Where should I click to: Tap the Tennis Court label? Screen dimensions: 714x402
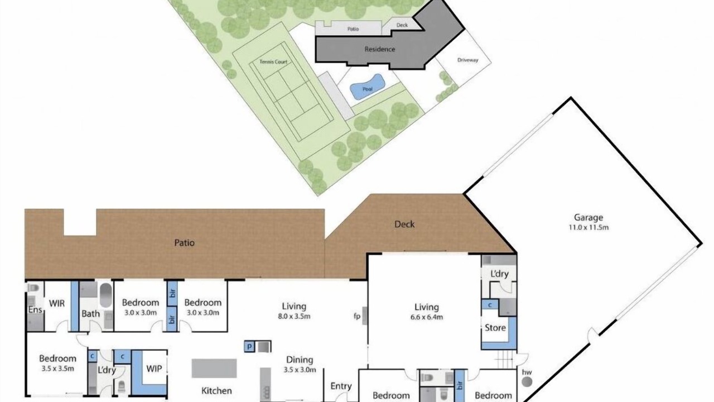coord(273,62)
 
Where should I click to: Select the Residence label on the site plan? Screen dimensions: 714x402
coord(380,49)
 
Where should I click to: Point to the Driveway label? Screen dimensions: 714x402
coord(467,60)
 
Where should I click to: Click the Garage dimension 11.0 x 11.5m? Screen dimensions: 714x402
coord(588,227)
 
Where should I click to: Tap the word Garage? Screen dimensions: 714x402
coord(588,218)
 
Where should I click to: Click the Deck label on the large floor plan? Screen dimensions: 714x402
coord(404,224)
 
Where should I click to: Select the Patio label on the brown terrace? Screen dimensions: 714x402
coord(184,243)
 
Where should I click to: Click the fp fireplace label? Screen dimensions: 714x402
coord(356,316)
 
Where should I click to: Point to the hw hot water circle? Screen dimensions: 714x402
coord(527,381)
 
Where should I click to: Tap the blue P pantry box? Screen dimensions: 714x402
coord(249,347)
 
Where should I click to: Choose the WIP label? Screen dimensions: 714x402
coord(154,369)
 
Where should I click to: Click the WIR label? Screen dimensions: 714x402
coord(57,303)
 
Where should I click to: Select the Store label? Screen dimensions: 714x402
coord(495,328)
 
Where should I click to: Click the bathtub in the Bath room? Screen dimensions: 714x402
coord(106,295)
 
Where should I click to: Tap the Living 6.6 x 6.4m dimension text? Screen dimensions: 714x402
coord(427,317)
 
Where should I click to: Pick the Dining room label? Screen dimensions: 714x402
coord(300,360)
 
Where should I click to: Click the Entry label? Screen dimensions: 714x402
coord(341,386)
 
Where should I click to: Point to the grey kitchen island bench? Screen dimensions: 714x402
coord(214,368)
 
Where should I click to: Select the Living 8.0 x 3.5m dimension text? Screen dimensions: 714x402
coord(294,317)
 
